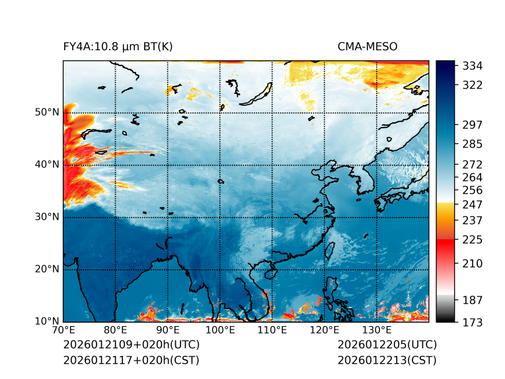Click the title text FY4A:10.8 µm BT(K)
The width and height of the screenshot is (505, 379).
pos(118,46)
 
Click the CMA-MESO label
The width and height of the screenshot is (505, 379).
pos(368,46)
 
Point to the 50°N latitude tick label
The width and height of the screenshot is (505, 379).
pos(47,112)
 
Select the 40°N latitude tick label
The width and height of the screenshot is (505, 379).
pos(47,165)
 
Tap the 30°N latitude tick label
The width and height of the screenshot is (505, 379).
pos(47,217)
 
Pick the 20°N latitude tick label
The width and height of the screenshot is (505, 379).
pos(47,269)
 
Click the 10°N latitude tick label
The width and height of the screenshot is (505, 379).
pos(47,322)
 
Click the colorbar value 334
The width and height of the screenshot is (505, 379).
pos(472,65)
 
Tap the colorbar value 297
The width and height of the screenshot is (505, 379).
pos(472,124)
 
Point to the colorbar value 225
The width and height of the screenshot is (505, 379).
pos(472,239)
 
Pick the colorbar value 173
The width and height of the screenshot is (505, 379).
pos(472,322)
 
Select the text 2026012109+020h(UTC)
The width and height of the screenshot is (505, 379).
pos(132,345)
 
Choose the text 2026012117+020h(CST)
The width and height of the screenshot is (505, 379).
pos(131,360)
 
